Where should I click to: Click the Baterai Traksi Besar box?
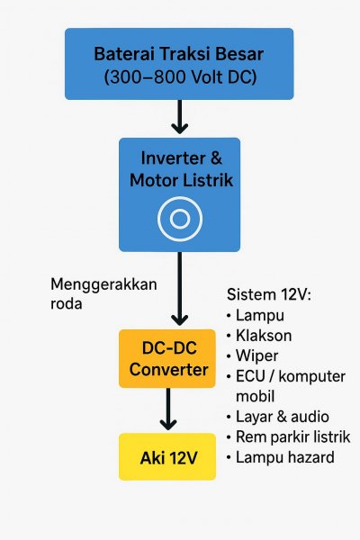179,64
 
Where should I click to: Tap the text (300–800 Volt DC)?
181,76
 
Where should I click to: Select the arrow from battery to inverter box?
179,117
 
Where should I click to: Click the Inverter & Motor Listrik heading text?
181,169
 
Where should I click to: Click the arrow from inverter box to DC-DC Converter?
179,289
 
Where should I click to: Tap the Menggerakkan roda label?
103,293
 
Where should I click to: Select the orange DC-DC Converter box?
167,358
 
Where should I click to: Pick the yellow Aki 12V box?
167,456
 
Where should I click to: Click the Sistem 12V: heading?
269,295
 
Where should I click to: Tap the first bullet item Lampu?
260,316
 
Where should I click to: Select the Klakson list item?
264,336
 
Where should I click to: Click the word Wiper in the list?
256,356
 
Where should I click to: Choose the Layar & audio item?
282,417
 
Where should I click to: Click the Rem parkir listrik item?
292,437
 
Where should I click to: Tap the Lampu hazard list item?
285,457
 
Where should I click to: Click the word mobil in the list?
255,396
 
